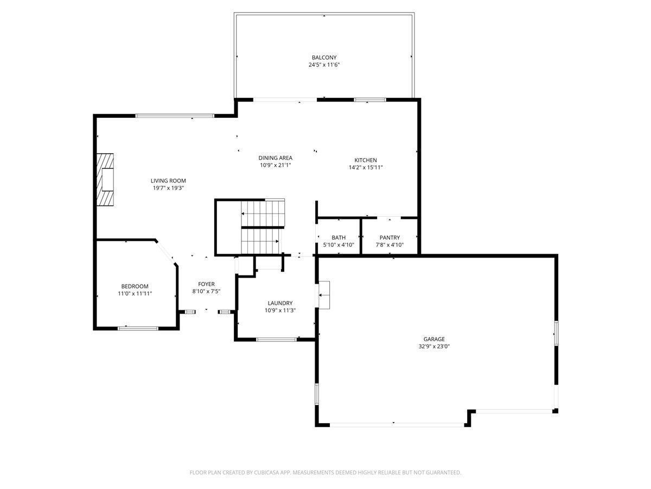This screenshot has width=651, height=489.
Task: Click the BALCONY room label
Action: pos(324,57)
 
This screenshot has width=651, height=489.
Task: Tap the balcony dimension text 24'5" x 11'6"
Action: pos(324,65)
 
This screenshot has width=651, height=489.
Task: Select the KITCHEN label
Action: pos(366,160)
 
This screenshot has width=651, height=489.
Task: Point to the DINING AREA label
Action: pos(275,158)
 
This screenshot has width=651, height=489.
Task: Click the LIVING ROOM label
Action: pos(168,180)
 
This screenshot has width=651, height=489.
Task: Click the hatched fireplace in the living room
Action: pos(105,180)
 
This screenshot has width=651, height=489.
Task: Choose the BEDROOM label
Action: pos(135,286)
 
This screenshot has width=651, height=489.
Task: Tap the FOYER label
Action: pos(206,284)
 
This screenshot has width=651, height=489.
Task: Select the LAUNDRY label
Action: pos(280,303)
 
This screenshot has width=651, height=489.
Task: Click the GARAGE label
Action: pos(434,339)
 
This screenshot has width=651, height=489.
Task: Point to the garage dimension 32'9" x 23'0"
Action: pos(434,347)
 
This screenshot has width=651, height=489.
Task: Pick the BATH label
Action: pos(339,237)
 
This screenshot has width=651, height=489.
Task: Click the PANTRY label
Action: pos(390,237)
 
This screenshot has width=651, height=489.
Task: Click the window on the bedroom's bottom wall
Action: pos(138,328)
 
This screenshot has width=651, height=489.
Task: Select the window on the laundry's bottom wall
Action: pos(277,340)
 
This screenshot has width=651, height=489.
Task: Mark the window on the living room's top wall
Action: pos(175,116)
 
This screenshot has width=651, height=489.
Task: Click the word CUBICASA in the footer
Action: pos(265,472)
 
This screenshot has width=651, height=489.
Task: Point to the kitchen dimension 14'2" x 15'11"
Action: pos(366,167)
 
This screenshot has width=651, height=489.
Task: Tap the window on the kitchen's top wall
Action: pos(370,100)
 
